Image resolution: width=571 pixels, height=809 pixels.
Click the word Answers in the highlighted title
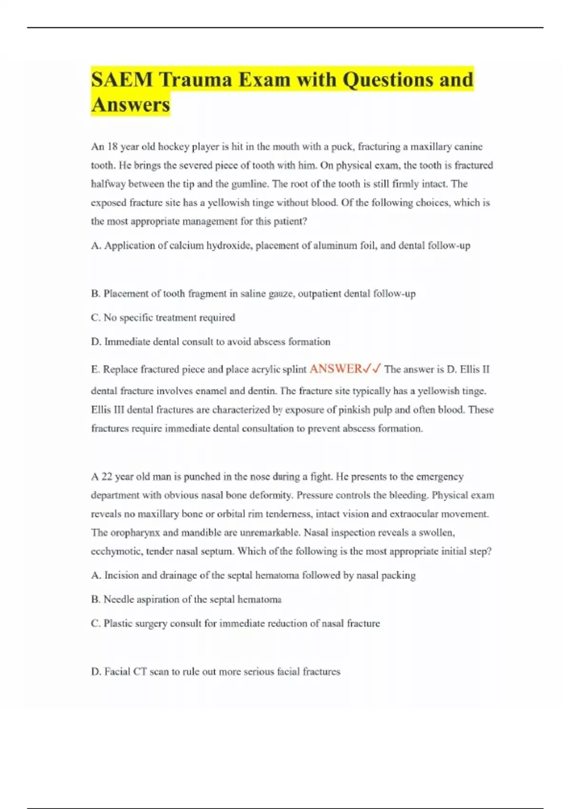pyautogui.click(x=130, y=105)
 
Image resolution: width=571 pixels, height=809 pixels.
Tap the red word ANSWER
pyautogui.click(x=335, y=369)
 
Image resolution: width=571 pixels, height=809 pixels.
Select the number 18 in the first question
pyautogui.click(x=112, y=147)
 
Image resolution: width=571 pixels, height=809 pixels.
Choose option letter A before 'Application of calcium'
pyautogui.click(x=95, y=246)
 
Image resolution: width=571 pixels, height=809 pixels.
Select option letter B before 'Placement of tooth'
pyautogui.click(x=95, y=294)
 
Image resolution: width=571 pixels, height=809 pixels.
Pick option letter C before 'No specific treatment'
pyautogui.click(x=95, y=317)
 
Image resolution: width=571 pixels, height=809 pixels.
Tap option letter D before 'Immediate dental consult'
pyautogui.click(x=95, y=342)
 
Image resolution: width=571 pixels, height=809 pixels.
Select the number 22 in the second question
pyautogui.click(x=107, y=477)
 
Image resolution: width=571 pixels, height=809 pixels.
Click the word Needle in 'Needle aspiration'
pyautogui.click(x=118, y=600)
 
